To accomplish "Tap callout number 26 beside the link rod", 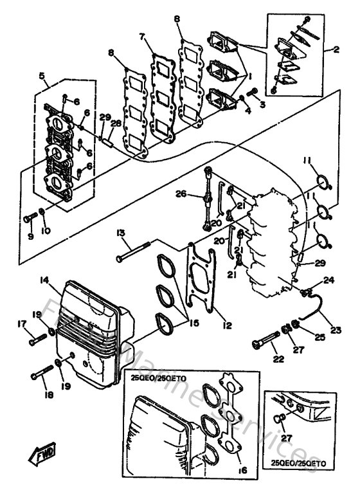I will pyautogui.click(x=181, y=194).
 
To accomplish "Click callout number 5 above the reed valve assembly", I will pyautogui.click(x=43, y=75).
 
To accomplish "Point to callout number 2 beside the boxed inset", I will pyautogui.click(x=344, y=49).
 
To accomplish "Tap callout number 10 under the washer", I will pyautogui.click(x=44, y=230).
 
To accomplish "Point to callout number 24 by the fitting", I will pyautogui.click(x=328, y=280).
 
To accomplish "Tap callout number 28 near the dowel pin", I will pyautogui.click(x=116, y=124).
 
